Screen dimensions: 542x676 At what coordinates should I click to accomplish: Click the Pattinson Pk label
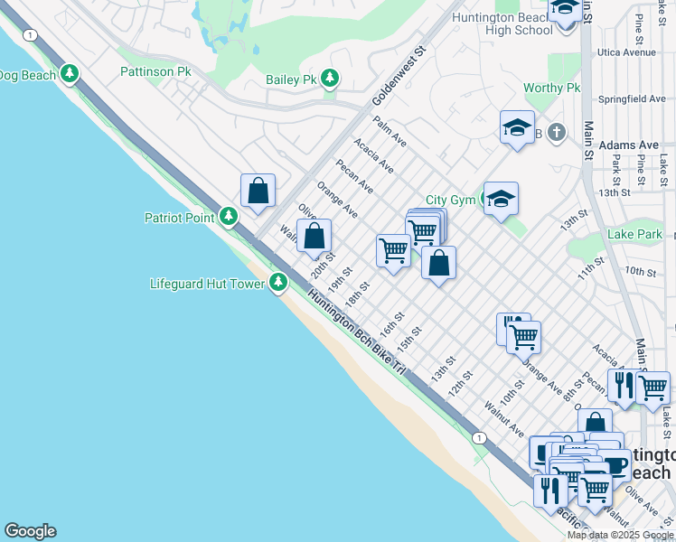point(155,70)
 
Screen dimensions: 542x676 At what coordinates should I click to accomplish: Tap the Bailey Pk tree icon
point(331,79)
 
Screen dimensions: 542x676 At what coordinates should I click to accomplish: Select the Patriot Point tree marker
point(229,217)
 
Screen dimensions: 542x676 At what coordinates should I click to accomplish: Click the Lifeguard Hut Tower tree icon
point(278,284)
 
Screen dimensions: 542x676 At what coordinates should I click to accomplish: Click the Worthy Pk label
point(551,89)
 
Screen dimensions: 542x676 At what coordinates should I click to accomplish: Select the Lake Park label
point(634,234)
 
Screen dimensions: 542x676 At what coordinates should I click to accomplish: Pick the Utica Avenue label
point(626,52)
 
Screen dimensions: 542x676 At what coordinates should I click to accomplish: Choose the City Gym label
point(450,201)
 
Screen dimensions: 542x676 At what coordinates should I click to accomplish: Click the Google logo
point(30,531)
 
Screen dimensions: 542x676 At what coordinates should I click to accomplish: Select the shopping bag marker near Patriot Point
point(258,191)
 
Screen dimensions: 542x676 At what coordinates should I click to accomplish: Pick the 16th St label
point(390,325)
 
